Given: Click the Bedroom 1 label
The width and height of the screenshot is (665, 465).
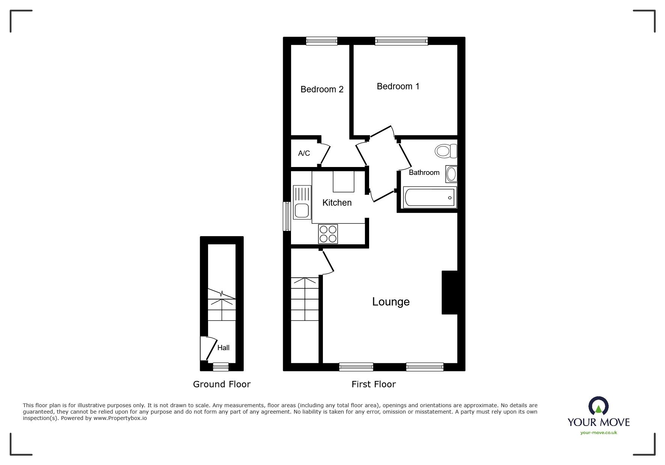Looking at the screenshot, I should (398, 86).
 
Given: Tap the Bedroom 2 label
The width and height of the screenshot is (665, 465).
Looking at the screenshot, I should (322, 89).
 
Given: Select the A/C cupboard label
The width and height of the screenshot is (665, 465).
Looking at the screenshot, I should (304, 153).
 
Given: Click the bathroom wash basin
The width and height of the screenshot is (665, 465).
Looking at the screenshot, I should (451, 174).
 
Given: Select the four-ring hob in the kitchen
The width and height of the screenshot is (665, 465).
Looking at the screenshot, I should (328, 233).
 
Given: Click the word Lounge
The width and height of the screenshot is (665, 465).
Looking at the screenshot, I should (391, 302).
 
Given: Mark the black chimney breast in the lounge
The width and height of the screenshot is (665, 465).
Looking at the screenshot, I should (449, 292).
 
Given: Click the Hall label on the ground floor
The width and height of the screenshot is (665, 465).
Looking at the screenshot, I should (223, 348).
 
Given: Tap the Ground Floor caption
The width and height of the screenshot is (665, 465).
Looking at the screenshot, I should (222, 384).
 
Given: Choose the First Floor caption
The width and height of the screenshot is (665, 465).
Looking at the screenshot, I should (373, 384).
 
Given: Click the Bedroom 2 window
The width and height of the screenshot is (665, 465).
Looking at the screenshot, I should (321, 41).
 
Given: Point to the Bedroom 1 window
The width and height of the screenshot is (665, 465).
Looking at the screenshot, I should (401, 41).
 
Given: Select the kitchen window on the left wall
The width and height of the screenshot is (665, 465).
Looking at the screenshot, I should (287, 216).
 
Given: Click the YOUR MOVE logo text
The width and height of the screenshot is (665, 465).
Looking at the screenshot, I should (598, 422).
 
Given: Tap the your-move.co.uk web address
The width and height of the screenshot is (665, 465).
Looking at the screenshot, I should (599, 433).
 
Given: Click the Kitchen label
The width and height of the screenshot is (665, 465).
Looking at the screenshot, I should (337, 203).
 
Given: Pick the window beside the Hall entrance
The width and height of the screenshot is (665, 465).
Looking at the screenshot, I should (220, 367).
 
